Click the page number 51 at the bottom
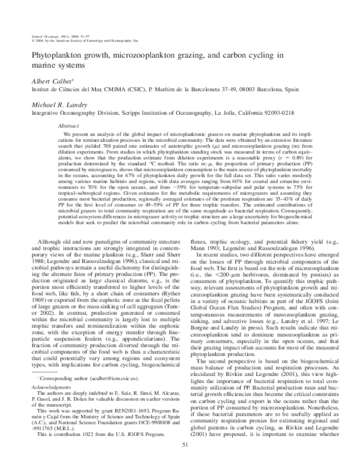(180, 459)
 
